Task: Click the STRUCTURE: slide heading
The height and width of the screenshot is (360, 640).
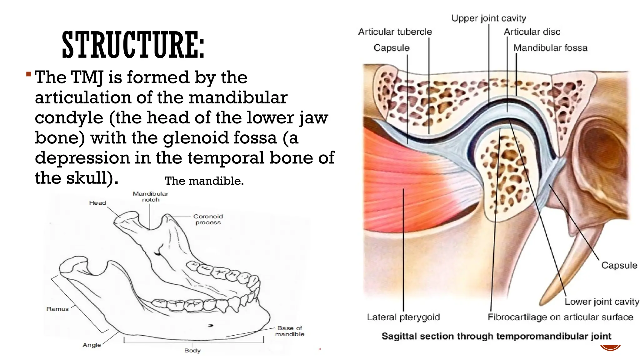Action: coord(133,45)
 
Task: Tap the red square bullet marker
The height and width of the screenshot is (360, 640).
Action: coord(29,74)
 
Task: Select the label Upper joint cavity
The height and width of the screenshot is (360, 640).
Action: coord(488,18)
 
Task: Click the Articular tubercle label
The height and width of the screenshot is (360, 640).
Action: coord(395,32)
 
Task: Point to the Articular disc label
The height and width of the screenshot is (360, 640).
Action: coord(532,32)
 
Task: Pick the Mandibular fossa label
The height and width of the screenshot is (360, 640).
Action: coord(550,48)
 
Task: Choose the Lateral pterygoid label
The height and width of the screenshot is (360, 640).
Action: coord(403,317)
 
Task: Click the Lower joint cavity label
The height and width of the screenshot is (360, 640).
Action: coord(602,302)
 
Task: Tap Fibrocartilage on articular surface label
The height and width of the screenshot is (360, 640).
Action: coord(560,317)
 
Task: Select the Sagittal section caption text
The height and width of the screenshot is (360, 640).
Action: coord(496,336)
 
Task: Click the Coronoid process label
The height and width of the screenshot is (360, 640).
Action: coord(208,219)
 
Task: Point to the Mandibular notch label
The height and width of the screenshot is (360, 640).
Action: coord(151,197)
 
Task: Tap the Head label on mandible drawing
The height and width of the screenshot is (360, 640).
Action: coord(97,203)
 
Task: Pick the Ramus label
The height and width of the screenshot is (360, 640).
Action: coord(57,309)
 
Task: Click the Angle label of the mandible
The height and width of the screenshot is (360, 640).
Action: coord(92,345)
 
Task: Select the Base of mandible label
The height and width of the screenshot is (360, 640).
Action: coord(290,331)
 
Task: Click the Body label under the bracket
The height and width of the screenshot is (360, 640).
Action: coord(192,351)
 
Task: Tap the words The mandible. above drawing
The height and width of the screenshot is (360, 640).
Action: coord(204,181)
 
